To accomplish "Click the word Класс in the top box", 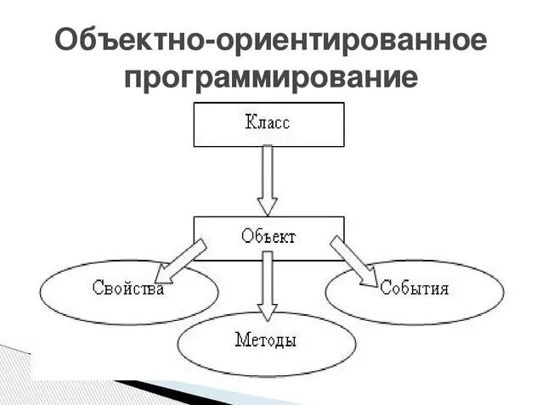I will click(x=268, y=123).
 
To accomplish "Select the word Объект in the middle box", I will click(x=268, y=237).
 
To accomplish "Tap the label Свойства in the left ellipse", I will click(x=127, y=288).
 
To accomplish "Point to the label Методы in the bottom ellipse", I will click(x=266, y=341).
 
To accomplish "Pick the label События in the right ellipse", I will click(x=415, y=288).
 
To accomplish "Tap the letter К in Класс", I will click(x=250, y=123).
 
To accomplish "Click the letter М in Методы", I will click(x=241, y=341).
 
